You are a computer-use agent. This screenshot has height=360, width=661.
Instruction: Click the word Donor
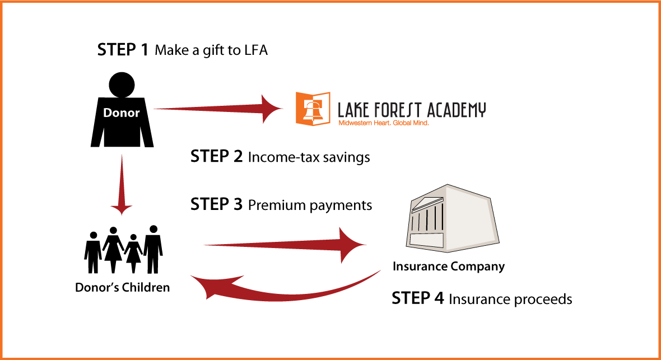pos(121,113)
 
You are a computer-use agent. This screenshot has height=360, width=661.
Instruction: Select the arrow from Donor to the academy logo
pos(213,109)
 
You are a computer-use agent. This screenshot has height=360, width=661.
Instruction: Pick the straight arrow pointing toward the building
pos(280,245)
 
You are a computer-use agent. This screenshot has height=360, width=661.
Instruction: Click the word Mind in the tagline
pos(422,123)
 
